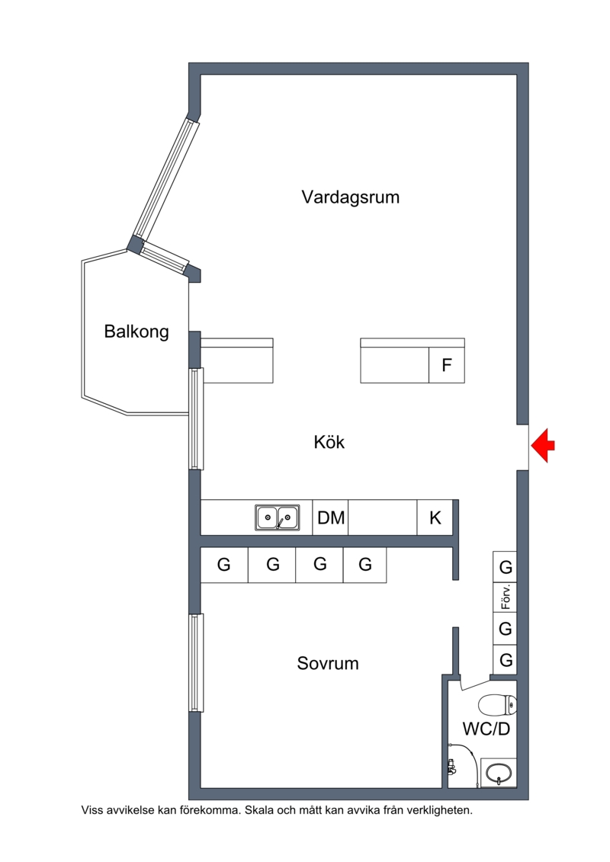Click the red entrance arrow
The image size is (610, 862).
coord(543,445)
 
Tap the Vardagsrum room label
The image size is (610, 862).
coord(351,197)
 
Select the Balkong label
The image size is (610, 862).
coord(136,332)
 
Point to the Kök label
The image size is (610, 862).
coord(329,442)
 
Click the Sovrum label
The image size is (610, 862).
coord(328,663)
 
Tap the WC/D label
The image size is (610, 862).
coord(486,729)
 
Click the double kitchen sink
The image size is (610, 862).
coord(278,518)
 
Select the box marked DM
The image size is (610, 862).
coord(331,518)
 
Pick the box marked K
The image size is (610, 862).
coord(435,518)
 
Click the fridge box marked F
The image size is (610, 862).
coord(447,365)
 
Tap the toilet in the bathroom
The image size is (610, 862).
coord(497,704)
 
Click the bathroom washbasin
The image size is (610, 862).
coord(499,772)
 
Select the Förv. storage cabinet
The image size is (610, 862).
coord(505,598)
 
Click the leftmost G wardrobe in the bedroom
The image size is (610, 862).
coord(224,565)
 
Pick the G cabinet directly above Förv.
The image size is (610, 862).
coord(505,566)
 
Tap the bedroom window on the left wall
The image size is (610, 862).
coord(197,662)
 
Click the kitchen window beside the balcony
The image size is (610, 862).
coord(197,418)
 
